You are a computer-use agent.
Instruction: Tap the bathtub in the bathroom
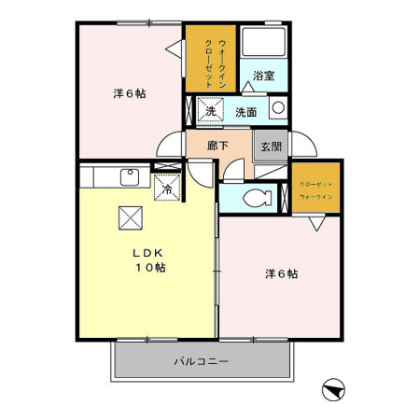[263, 44]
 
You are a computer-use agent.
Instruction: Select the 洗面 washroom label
[246, 111]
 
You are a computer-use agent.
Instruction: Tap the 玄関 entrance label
[272, 146]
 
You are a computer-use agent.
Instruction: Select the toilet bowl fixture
[257, 197]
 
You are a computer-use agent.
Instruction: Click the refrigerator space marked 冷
[166, 188]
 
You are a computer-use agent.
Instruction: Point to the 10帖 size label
[150, 268]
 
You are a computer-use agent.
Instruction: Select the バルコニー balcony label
[200, 360]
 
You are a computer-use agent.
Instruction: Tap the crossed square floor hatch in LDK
[129, 218]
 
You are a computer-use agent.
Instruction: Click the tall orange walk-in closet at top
[210, 58]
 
